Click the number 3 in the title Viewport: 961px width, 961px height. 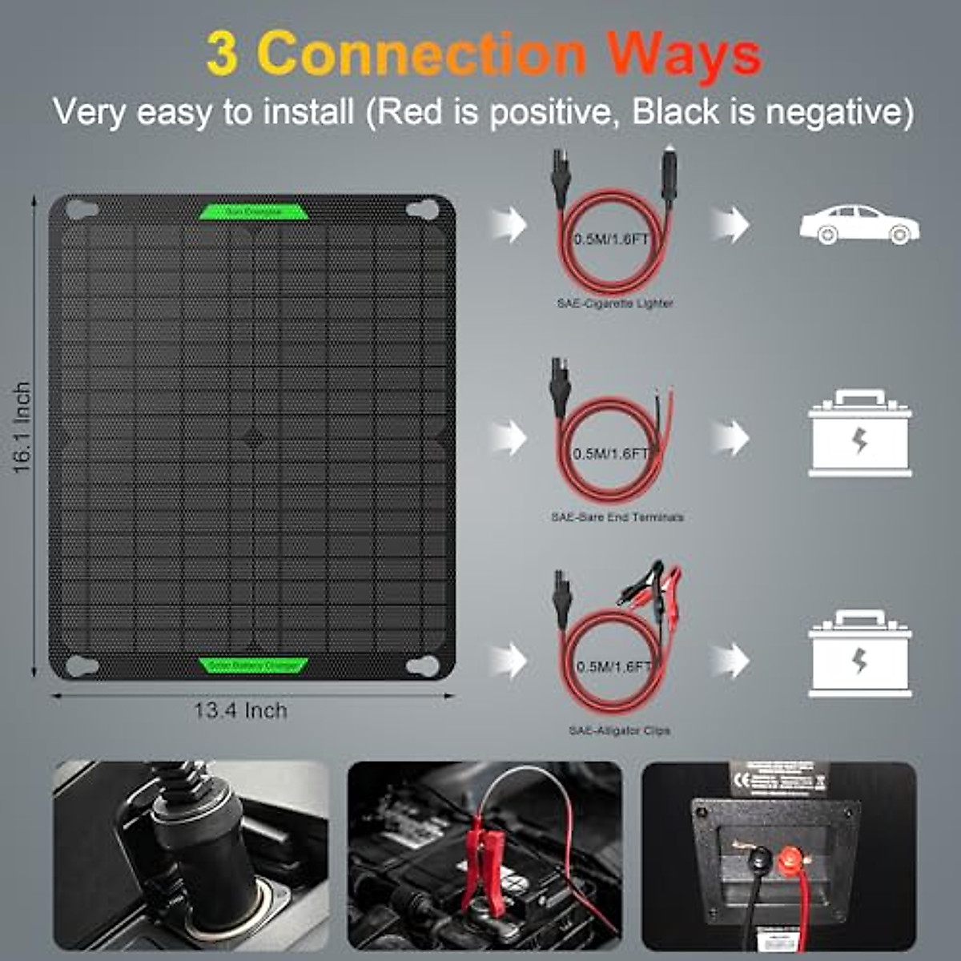pos(222,54)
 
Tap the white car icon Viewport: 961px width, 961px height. pos(859,224)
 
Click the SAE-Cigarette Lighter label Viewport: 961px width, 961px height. pos(615,304)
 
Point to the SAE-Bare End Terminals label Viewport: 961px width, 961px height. pos(617,517)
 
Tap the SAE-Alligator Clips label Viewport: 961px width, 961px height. pos(619,730)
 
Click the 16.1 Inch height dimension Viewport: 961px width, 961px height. pos(22,427)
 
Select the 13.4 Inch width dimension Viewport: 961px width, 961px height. pos(240,710)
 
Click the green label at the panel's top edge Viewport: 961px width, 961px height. pos(254,211)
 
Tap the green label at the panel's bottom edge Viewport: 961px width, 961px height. pos(254,665)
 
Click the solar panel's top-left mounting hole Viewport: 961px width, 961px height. pos(81,211)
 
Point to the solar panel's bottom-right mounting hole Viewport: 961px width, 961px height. pos(423,666)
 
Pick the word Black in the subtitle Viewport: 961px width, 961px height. pos(676,112)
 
